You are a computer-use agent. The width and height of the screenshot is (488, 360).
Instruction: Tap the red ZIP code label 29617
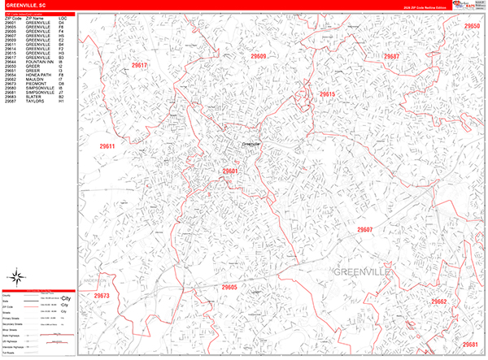pos(140,65)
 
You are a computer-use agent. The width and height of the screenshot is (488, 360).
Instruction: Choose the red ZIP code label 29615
pos(327,94)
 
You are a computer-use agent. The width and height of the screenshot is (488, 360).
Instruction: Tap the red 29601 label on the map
pos(230,171)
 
